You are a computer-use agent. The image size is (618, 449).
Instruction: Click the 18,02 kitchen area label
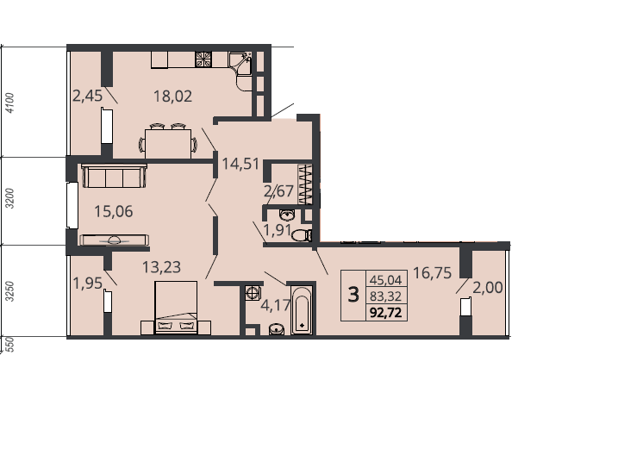tap(172, 96)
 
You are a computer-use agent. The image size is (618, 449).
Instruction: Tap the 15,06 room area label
tap(114, 211)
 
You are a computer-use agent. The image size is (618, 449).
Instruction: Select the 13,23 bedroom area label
tap(161, 267)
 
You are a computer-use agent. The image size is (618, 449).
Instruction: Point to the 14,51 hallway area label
tap(240, 163)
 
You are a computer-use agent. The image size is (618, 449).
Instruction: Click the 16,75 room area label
tap(432, 273)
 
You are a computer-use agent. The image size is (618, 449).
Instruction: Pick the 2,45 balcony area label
tap(88, 96)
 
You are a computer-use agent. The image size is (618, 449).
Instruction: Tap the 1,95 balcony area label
tap(88, 283)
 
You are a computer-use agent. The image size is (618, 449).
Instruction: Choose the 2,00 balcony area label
tap(488, 288)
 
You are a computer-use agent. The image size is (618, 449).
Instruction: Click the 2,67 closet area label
tap(278, 191)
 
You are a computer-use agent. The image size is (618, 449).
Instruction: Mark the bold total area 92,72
tap(386, 313)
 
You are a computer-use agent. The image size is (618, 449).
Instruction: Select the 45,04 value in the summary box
tap(386, 280)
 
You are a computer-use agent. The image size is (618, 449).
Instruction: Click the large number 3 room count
tap(353, 295)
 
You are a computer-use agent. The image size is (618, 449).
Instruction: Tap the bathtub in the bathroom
tap(302, 310)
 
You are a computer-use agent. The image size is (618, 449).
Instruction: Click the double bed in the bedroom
tap(176, 308)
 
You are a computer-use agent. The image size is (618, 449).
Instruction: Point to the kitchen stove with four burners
tap(203, 59)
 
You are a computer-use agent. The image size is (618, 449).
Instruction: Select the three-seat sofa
tap(115, 176)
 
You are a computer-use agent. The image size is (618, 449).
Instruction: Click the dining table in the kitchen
tap(168, 144)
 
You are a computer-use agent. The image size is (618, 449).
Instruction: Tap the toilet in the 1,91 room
tap(302, 235)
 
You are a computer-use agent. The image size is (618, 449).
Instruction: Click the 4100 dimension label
tap(10, 103)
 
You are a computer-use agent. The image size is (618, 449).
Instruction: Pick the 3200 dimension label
tap(10, 199)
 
